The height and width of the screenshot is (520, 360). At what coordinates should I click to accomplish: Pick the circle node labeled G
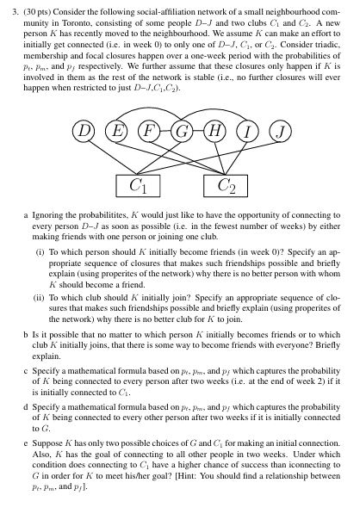click(x=183, y=132)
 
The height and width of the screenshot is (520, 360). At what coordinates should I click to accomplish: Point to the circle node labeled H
click(x=214, y=132)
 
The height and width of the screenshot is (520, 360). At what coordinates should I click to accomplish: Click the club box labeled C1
click(x=137, y=184)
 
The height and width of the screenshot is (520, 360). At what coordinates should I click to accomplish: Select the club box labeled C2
click(x=227, y=184)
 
